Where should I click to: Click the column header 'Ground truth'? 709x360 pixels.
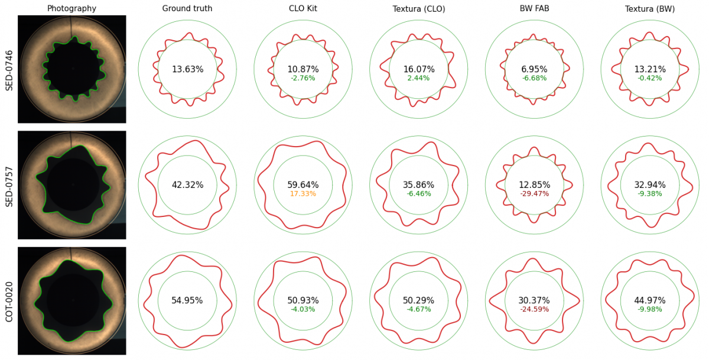tap(187, 8)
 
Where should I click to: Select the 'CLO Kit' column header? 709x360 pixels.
tap(303, 8)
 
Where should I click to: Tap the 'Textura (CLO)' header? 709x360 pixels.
tap(418, 8)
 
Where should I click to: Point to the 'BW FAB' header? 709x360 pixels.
tap(534, 8)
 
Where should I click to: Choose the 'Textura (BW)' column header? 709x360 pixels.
tap(650, 8)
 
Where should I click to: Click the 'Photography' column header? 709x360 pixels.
tap(71, 8)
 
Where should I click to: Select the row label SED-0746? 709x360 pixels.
tap(9, 69)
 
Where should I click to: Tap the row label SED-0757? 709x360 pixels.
tap(9, 185)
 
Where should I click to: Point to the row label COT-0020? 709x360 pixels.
tap(9, 301)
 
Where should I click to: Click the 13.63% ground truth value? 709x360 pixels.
tap(187, 69)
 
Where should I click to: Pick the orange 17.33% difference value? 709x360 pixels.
tap(303, 194)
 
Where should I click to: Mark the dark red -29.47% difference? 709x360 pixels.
tap(534, 194)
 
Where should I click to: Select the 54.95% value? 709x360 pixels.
tap(187, 301)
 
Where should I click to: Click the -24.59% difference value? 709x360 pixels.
tap(534, 310)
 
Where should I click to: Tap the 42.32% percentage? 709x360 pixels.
tap(187, 185)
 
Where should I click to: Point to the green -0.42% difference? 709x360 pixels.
tap(650, 78)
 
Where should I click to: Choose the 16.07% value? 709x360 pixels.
tap(418, 69)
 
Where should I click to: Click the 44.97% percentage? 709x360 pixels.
tap(650, 301)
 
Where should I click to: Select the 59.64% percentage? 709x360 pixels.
tap(303, 185)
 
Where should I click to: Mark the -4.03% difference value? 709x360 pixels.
tap(303, 310)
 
